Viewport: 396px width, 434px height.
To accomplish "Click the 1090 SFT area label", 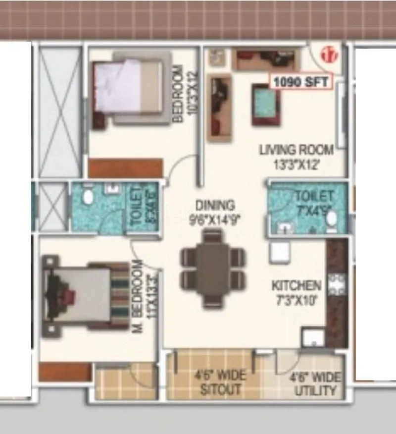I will click(300, 82).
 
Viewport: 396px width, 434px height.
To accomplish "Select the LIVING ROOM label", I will click(297, 149).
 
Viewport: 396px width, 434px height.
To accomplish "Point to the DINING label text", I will click(214, 205).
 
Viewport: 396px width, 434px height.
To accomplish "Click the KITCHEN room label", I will click(297, 285).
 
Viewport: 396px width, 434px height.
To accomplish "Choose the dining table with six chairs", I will click(212, 268).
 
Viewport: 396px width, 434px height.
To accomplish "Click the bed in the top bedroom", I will click(128, 89).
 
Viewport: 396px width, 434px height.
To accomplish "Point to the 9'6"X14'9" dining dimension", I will click(214, 218).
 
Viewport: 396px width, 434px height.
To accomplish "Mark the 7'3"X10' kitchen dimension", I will click(297, 299).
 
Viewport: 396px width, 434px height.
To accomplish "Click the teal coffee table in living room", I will click(266, 105).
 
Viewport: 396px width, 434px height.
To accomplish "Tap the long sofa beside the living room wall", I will click(219, 108).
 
